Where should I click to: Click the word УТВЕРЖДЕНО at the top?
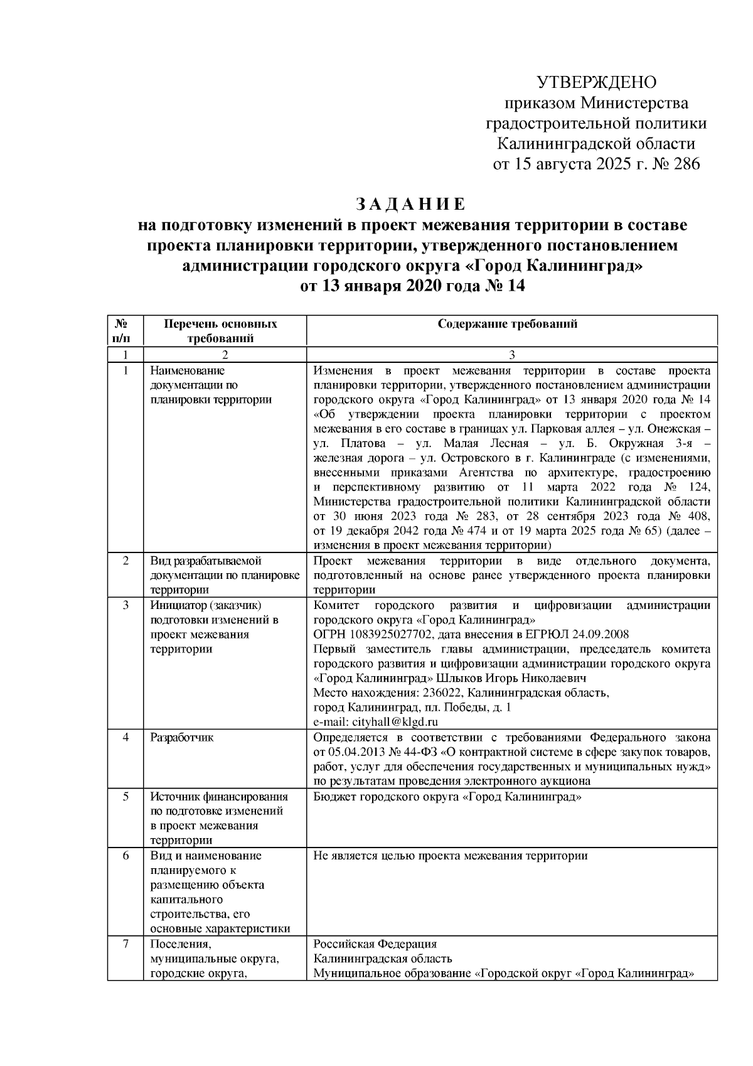pyautogui.click(x=596, y=82)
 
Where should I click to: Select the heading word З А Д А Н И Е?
pyautogui.click(x=411, y=205)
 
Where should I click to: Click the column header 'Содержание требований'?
pyautogui.click(x=508, y=324)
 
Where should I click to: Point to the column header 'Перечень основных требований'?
pyautogui.click(x=220, y=331)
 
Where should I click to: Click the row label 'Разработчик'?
pyautogui.click(x=181, y=737)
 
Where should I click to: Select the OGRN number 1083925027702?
pyautogui.click(x=382, y=635)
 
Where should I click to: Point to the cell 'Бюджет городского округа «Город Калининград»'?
pyautogui.click(x=447, y=797)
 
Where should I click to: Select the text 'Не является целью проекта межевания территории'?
pyautogui.click(x=450, y=855)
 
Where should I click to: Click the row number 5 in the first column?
pyautogui.click(x=125, y=797)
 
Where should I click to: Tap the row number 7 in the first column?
pyautogui.click(x=125, y=944)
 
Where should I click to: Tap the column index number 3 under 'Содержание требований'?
pyautogui.click(x=511, y=355)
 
